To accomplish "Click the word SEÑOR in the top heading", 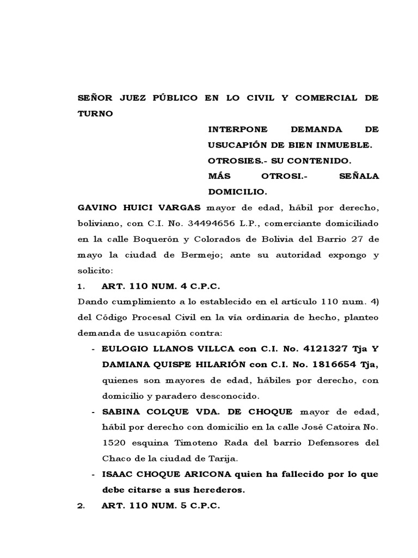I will point(95,98).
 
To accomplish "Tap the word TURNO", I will point(95,114).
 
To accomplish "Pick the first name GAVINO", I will point(98,208).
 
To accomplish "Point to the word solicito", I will point(94,271).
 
